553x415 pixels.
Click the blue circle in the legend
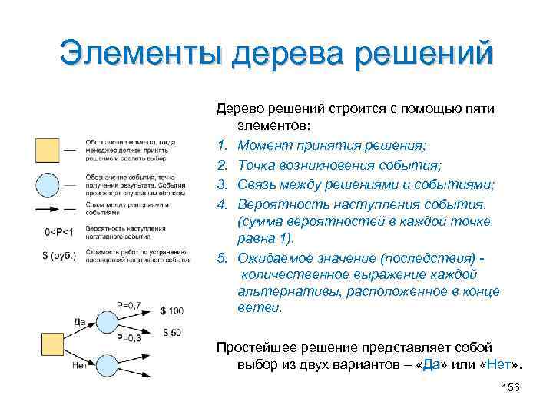tap(48, 185)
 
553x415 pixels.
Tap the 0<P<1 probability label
tap(58, 232)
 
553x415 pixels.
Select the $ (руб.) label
tap(58, 254)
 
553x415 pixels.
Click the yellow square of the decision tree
tap(52, 344)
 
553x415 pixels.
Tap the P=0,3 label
tap(130, 338)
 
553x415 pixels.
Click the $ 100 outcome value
tap(172, 310)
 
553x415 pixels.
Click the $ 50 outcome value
tap(172, 332)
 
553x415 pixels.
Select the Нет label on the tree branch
tap(78, 364)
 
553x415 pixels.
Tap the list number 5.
tap(221, 260)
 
